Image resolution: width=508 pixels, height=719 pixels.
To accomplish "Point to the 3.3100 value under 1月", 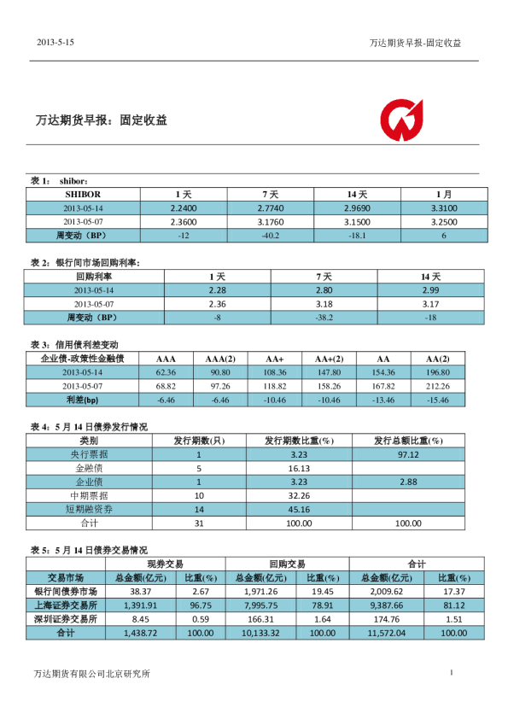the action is point(444,208).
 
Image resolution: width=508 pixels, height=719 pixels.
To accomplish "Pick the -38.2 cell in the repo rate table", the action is point(324,317).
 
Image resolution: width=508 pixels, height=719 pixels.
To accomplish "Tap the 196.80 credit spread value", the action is point(437,372).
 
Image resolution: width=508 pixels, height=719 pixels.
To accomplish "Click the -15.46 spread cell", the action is point(437,399).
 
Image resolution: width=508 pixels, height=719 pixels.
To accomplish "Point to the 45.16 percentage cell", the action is point(298,509).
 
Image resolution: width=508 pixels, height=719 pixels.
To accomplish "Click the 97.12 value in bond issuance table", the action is point(408,454).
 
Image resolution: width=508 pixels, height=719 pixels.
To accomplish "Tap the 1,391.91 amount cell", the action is point(140,605).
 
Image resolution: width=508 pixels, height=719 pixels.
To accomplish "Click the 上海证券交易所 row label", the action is point(66,605).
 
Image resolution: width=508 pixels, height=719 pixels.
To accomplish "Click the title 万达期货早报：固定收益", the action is point(101,120).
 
